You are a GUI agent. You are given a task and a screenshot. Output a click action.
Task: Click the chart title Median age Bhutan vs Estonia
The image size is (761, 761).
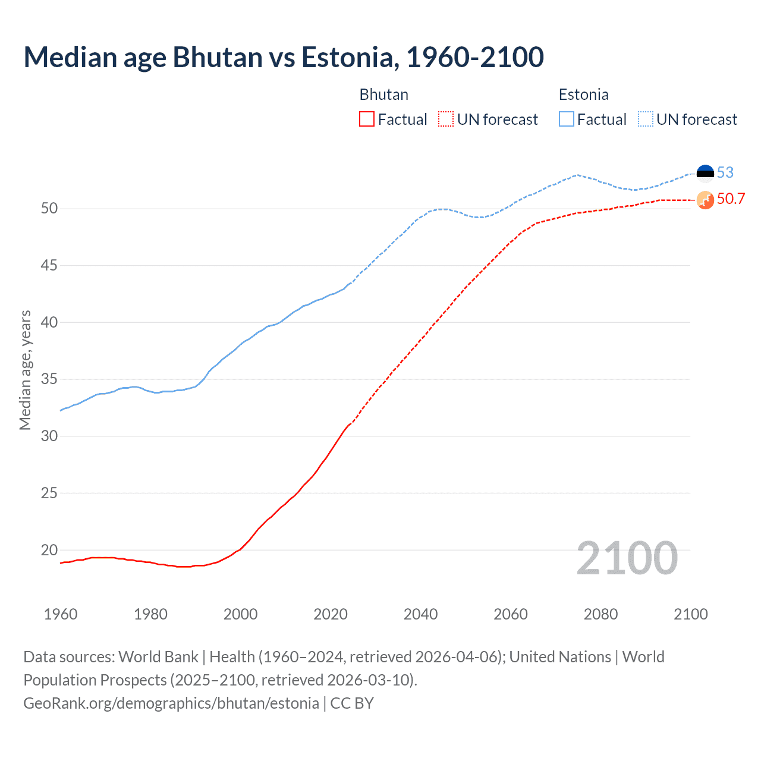284,58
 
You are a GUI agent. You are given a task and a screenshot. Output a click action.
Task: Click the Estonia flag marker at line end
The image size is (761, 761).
705,172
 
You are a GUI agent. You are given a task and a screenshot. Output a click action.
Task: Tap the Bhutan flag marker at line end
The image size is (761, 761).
705,200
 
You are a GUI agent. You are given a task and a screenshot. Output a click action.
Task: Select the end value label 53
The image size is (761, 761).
725,172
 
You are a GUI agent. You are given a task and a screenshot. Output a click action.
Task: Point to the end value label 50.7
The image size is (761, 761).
731,199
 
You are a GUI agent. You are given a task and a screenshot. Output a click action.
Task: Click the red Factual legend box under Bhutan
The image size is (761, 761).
367,120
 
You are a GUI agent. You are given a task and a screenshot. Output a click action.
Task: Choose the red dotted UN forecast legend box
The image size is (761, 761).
446,120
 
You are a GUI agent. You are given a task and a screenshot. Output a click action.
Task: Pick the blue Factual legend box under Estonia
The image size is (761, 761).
567,120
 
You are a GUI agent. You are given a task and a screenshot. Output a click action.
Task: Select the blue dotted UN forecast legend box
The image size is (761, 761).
646,120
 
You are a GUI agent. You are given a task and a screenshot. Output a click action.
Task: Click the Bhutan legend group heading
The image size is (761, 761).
384,95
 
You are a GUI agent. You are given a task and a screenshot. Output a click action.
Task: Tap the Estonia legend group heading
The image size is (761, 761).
583,95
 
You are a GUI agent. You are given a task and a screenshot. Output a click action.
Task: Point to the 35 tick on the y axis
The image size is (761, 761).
49,379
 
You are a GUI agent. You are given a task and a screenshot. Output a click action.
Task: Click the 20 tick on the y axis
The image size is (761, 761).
49,550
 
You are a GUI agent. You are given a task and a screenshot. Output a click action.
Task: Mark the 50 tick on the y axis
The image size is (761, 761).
49,208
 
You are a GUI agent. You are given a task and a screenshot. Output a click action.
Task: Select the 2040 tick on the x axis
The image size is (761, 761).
420,614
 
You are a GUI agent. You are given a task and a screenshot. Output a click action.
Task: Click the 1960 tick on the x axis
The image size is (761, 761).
61,614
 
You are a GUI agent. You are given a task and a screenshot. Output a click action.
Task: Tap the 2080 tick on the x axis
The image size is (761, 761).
600,614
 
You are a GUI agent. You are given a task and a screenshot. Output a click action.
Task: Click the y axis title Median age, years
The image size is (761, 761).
25,370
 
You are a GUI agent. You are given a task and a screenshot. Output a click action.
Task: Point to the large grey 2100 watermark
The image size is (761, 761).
627,558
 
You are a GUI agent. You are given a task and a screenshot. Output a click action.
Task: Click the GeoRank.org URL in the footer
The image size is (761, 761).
171,703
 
